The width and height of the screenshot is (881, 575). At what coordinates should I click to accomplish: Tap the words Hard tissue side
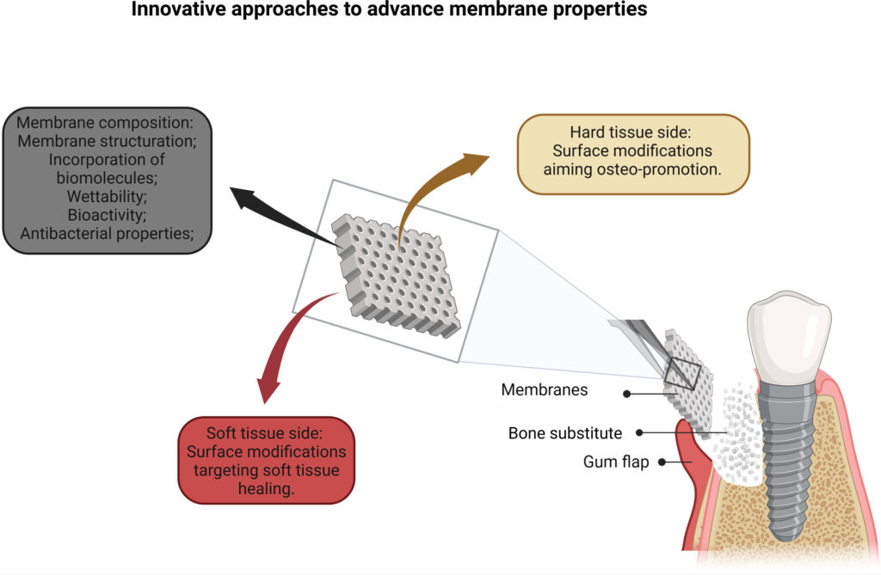pyautogui.click(x=632, y=132)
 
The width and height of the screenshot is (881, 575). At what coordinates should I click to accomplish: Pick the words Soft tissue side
pyautogui.click(x=266, y=432)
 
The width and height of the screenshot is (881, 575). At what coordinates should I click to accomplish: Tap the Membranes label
pyautogui.click(x=545, y=390)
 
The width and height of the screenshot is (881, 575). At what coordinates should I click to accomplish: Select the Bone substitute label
pyautogui.click(x=564, y=432)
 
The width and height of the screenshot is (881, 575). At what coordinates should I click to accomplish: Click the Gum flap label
pyautogui.click(x=615, y=463)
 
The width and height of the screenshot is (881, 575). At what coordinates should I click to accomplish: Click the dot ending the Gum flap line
pyautogui.click(x=662, y=462)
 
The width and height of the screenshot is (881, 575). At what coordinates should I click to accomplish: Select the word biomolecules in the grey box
pyautogui.click(x=108, y=178)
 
